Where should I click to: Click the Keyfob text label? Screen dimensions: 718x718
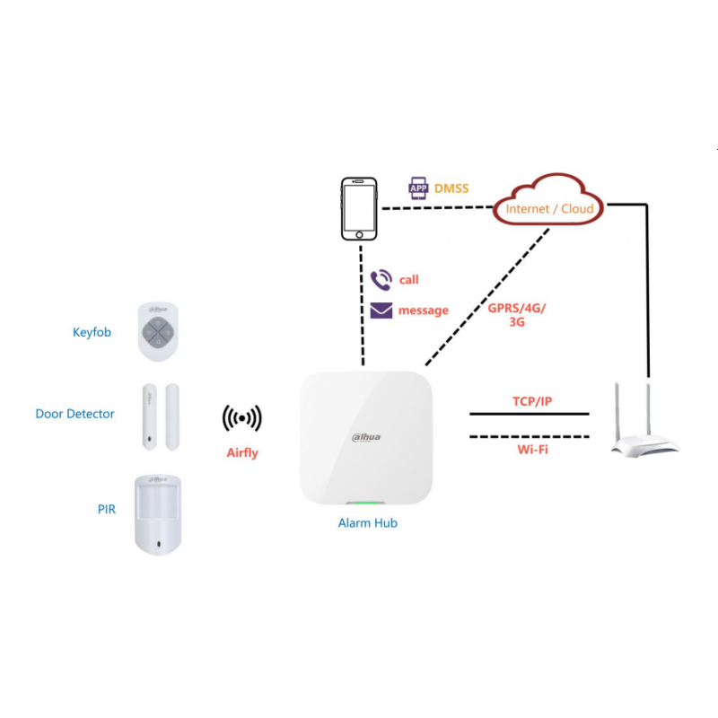[x=92, y=332]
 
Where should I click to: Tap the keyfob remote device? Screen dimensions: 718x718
[x=158, y=331]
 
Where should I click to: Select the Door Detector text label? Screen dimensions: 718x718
[x=74, y=414]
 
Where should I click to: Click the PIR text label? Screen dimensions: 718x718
[x=106, y=509]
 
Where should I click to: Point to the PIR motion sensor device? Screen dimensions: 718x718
[x=158, y=514]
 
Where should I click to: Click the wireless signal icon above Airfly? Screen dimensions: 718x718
[x=241, y=418]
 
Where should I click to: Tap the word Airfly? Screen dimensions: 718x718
[x=242, y=453]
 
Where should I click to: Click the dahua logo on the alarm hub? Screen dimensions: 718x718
[x=366, y=437]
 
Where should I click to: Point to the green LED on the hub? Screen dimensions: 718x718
[x=365, y=503]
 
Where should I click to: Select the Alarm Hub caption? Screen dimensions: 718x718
[x=368, y=523]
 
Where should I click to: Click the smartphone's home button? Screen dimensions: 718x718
[x=360, y=235]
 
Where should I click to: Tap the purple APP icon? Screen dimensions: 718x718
[x=418, y=188]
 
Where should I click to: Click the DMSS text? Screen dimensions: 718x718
[x=451, y=188]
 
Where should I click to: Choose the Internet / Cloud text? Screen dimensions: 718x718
[x=549, y=209]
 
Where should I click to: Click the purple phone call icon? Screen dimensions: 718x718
[x=381, y=280]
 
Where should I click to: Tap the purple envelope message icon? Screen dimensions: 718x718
[x=381, y=311]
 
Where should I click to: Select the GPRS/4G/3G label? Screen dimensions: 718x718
[x=517, y=315]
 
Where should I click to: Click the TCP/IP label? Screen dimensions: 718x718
[x=532, y=401]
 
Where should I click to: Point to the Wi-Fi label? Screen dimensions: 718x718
[x=532, y=450]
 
